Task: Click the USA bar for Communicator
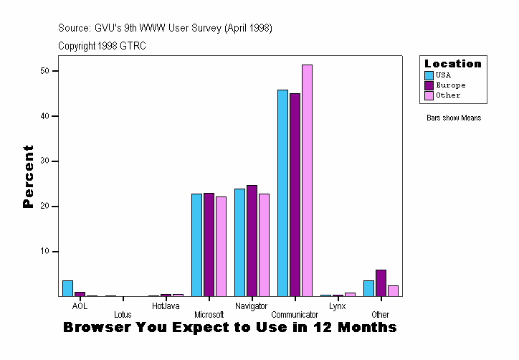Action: coord(282,193)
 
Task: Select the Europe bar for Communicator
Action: coord(295,194)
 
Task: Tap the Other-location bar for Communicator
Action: coord(307,180)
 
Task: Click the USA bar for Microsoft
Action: coord(196,245)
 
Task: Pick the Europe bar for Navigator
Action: coord(252,240)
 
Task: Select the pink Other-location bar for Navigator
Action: coord(264,245)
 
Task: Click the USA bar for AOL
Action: coord(67,288)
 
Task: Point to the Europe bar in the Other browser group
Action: coord(381,283)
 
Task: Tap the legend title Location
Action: coord(453,64)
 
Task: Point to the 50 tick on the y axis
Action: coord(44,71)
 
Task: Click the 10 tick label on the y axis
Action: coord(44,252)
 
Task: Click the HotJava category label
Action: coord(166,306)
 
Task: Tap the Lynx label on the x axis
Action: coord(338,306)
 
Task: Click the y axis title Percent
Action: coord(29,176)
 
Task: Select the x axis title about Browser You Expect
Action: coord(229,328)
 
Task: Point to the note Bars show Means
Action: coord(453,118)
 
